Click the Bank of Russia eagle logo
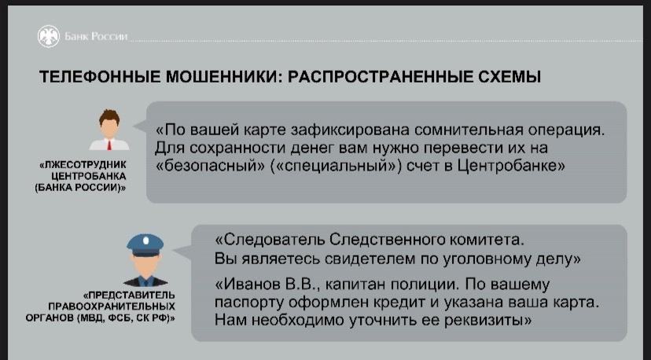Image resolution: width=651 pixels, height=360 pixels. coord(49,36)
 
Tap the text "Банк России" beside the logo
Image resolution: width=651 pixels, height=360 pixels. coord(96,36)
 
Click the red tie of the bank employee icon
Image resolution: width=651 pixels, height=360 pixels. coord(109,145)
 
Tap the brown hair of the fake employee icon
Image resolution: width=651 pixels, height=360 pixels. coord(109,116)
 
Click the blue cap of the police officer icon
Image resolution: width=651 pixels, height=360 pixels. coord(145,245)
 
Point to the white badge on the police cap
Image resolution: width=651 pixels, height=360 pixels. coord(145,241)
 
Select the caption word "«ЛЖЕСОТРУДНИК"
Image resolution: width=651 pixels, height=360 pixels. coord(83,165)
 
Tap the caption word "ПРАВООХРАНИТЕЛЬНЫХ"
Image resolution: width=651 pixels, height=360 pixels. coord(112,307)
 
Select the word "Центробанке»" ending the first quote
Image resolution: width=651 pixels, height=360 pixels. coord(511,166)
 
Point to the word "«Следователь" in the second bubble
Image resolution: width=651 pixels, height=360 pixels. coord(270,240)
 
